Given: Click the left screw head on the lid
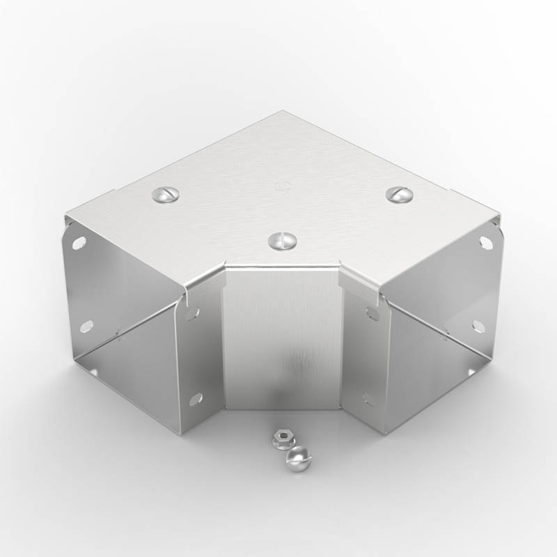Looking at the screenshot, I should [165, 196].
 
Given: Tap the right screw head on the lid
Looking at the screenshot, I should [400, 195].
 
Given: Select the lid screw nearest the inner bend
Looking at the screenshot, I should [282, 241].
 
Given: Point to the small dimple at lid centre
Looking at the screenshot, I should [282, 186].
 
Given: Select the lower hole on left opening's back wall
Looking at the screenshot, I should [86, 326].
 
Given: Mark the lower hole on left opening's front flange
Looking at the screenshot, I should [196, 399].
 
